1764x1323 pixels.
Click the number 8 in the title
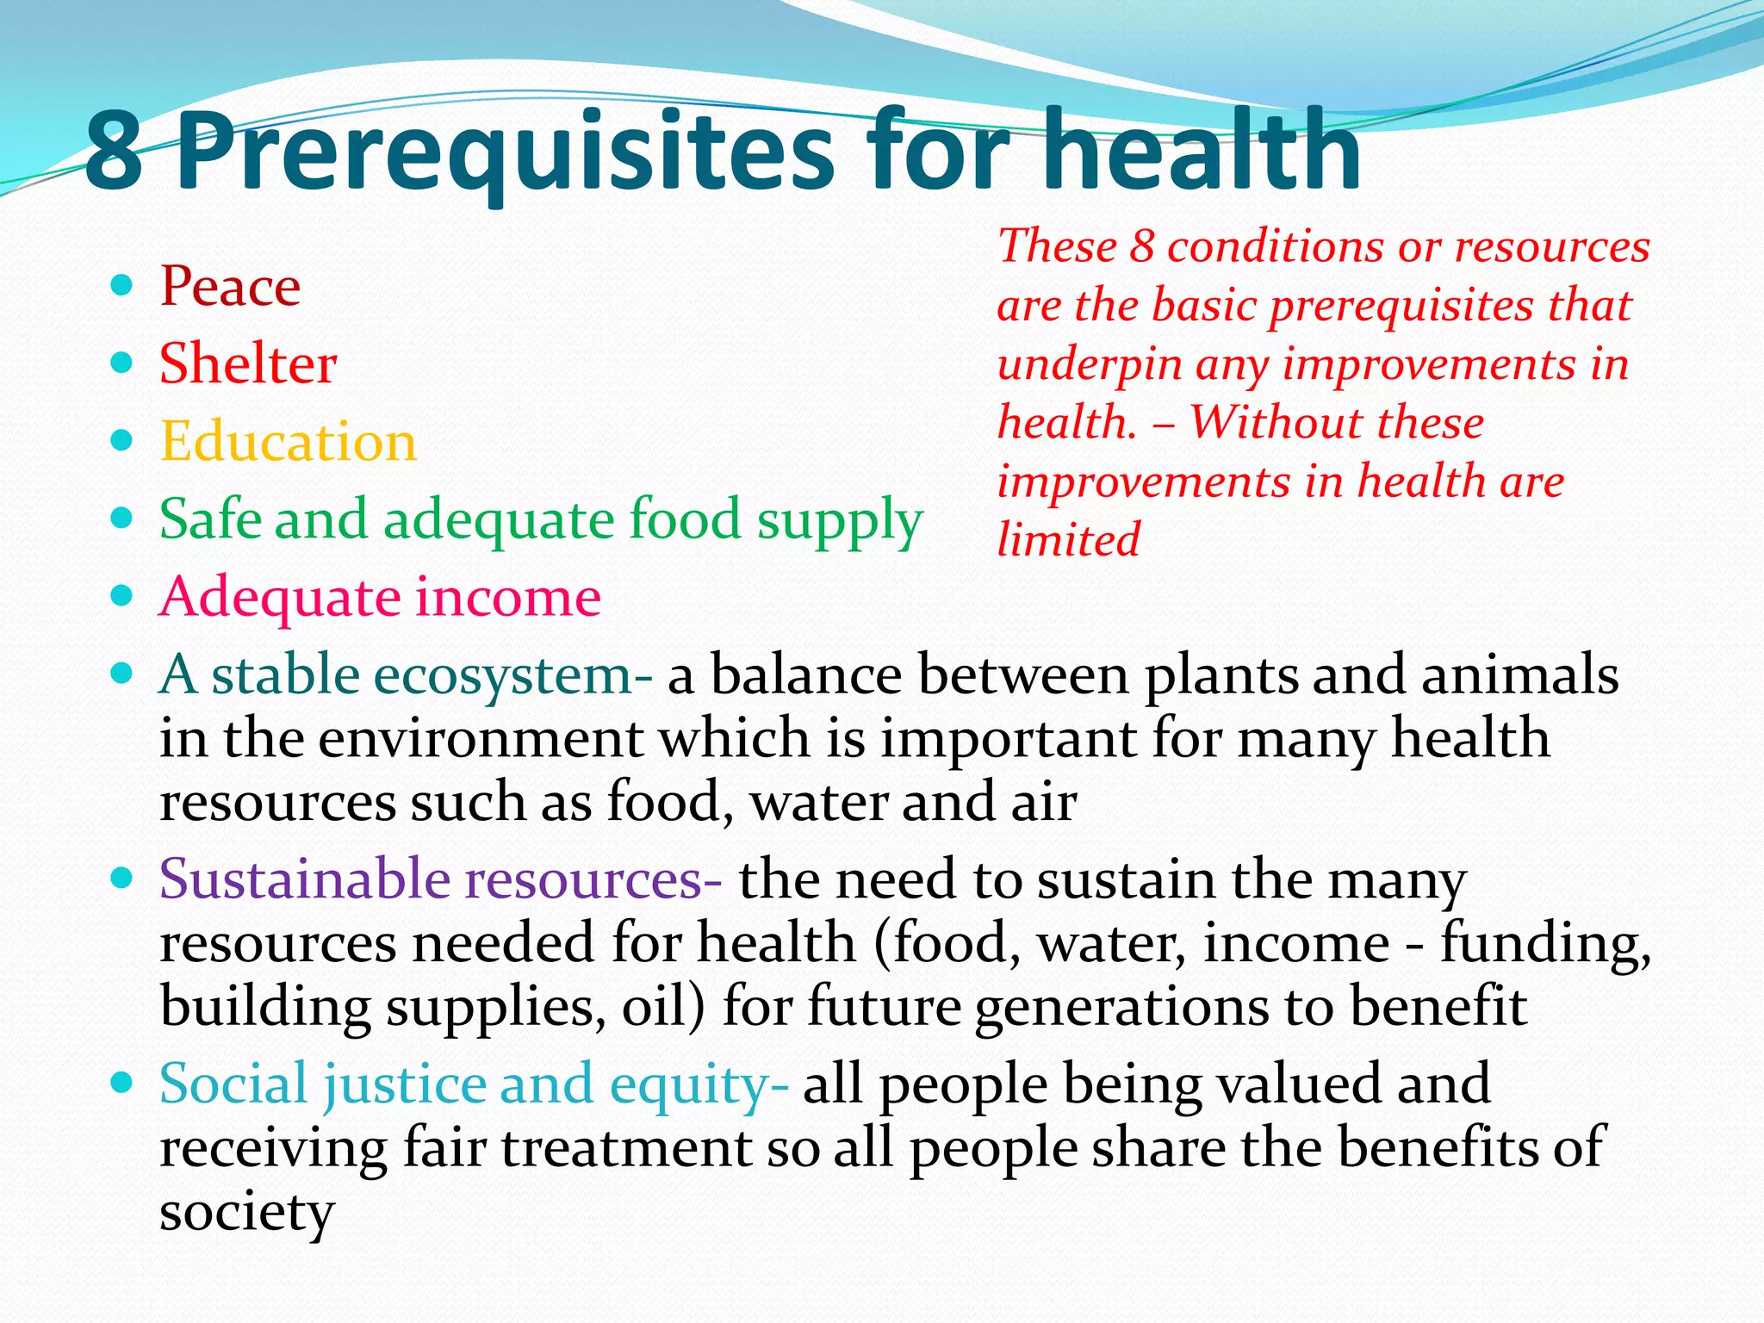coord(114,152)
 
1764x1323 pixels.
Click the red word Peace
coord(230,286)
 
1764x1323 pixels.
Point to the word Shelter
coord(248,363)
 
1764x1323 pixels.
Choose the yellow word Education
coord(288,442)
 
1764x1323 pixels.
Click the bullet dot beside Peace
coord(121,284)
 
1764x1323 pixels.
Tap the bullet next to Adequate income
coord(121,595)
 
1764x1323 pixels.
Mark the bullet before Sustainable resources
coord(121,878)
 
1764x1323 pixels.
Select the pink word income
coord(508,597)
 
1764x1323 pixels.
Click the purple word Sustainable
coord(304,879)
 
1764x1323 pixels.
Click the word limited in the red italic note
coord(1068,541)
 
